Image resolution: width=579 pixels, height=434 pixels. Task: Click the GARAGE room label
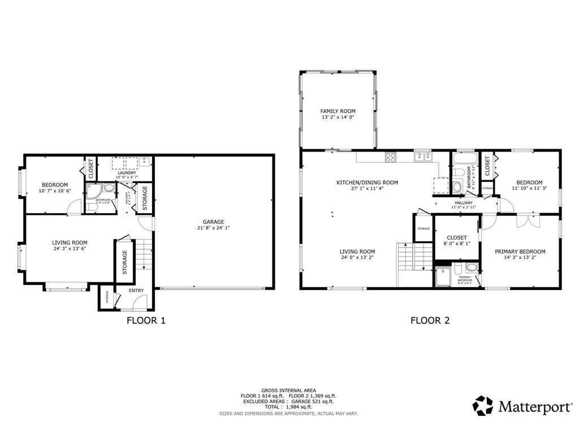(214, 222)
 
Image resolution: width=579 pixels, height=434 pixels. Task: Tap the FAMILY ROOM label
(338, 111)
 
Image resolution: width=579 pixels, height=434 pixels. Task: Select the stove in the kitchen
(391, 157)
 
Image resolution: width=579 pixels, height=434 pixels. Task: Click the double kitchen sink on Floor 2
(422, 157)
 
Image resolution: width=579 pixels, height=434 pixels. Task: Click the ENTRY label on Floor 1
(136, 291)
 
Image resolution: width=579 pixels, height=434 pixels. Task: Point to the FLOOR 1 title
(146, 321)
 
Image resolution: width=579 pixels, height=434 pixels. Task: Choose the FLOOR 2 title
(430, 321)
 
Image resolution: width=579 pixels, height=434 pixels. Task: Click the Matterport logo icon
(483, 405)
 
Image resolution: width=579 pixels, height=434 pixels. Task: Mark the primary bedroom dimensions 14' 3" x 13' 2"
(520, 259)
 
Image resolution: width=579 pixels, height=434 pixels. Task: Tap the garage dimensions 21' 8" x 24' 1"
(214, 228)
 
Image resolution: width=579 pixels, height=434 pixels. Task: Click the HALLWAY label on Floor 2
(464, 202)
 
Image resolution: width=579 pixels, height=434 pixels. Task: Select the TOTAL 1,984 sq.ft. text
(289, 407)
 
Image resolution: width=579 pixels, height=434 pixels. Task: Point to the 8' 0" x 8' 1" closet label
(456, 244)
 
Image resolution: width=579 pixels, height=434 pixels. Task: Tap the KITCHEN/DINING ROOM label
(367, 183)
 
